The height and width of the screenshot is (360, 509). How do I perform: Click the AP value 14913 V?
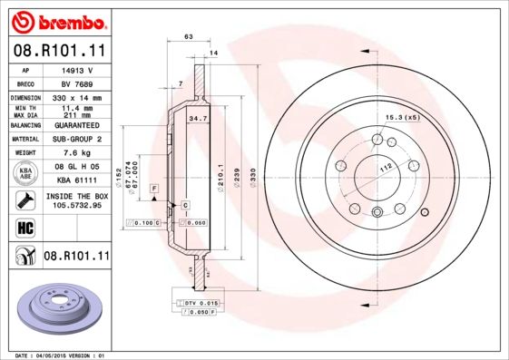(77, 69)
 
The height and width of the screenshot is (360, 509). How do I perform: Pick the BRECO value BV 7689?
(77, 83)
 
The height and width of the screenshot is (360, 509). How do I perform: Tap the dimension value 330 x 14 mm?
(77, 97)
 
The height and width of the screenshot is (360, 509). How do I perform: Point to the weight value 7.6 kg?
(77, 153)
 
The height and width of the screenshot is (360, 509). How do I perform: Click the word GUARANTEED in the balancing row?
(77, 125)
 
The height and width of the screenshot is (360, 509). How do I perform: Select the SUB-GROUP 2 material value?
(77, 140)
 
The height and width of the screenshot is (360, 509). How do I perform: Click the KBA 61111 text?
(77, 181)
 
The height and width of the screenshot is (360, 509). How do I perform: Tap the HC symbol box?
(24, 226)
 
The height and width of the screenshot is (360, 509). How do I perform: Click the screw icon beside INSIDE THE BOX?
(24, 199)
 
